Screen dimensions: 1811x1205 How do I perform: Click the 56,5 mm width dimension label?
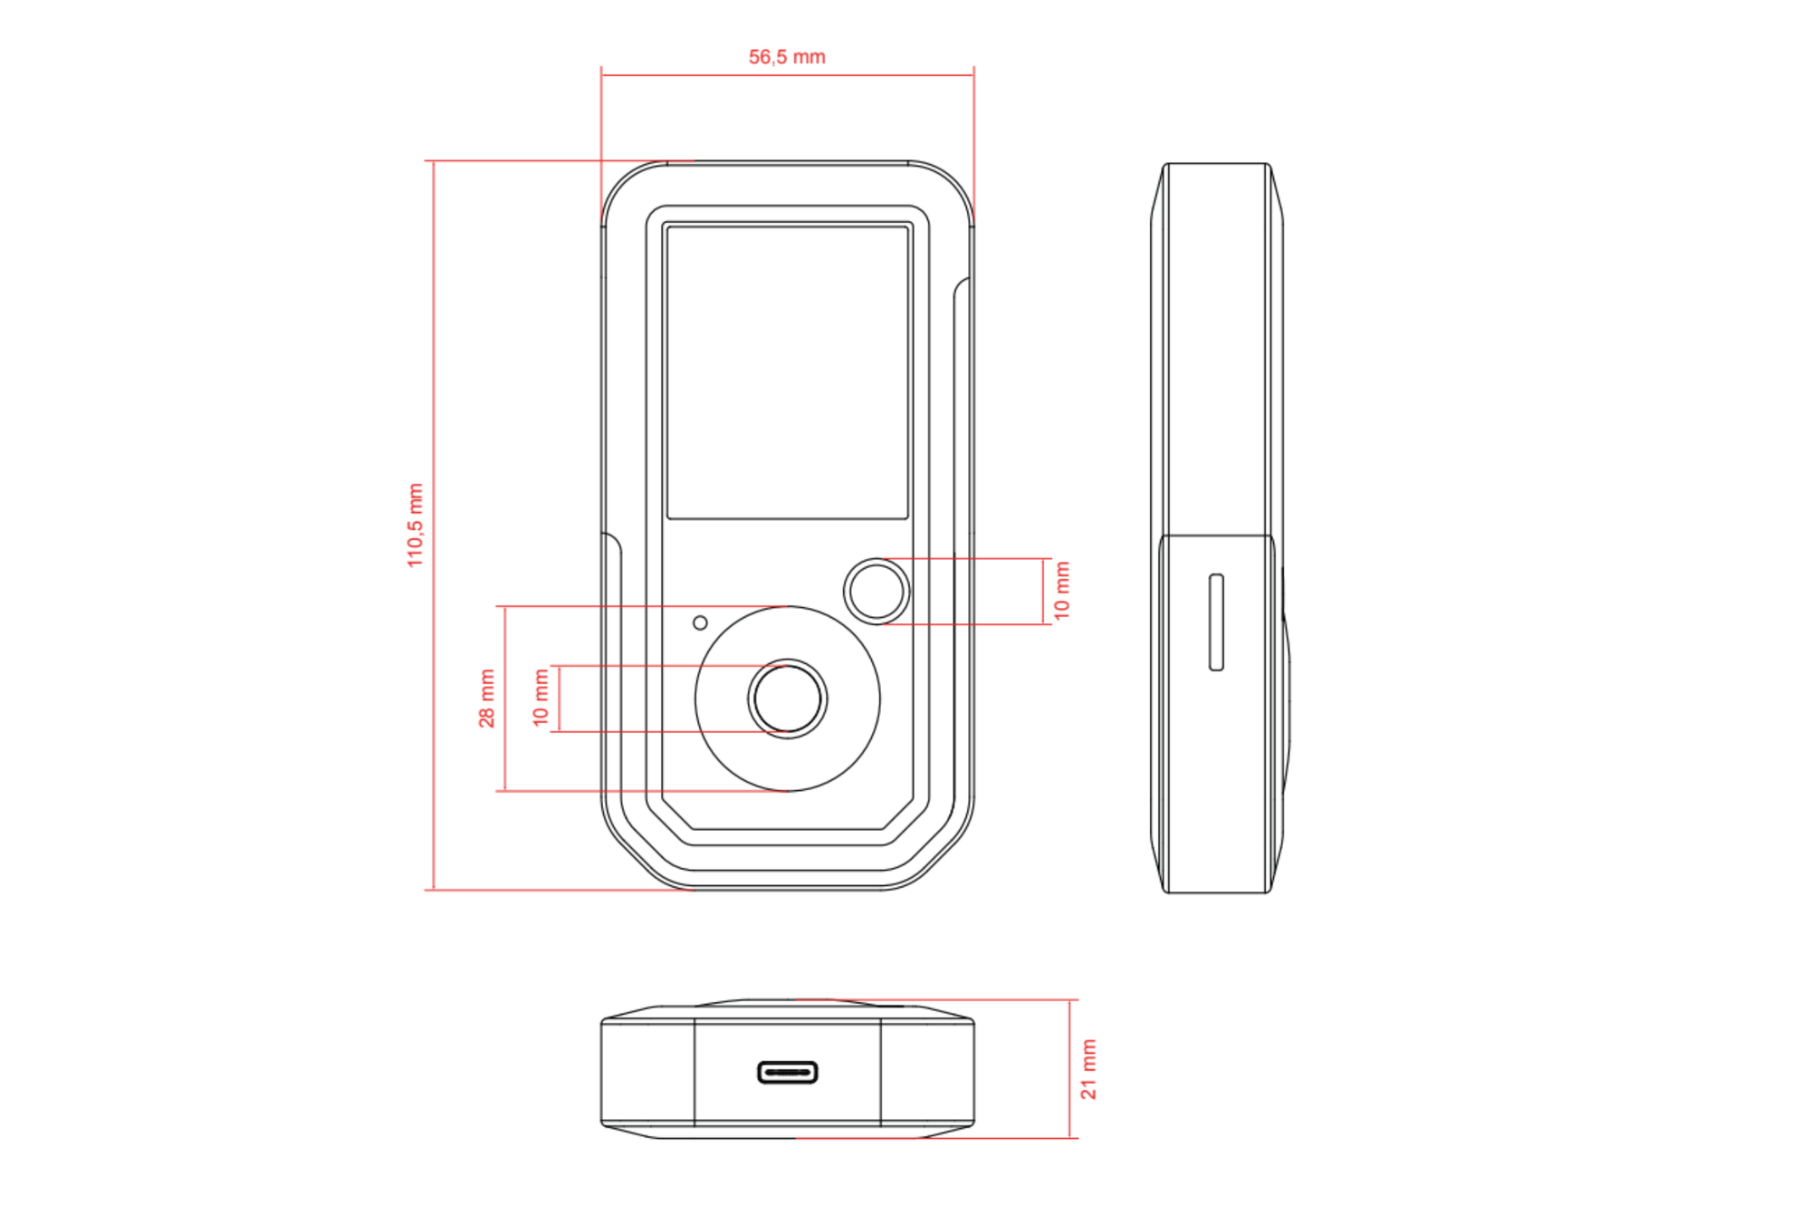point(787,57)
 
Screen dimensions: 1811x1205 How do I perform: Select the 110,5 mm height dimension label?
point(416,525)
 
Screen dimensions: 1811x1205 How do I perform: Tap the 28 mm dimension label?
point(487,699)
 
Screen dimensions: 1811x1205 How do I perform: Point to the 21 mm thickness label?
point(1089,1069)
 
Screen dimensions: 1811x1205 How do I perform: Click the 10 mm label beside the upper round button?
point(1062,591)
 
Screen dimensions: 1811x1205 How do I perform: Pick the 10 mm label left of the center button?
point(541,699)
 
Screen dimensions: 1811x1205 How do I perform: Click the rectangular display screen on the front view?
point(788,372)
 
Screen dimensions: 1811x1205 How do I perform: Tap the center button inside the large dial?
point(788,699)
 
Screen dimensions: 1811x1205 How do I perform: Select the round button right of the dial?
point(877,591)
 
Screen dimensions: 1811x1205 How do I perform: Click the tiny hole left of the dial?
point(700,623)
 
